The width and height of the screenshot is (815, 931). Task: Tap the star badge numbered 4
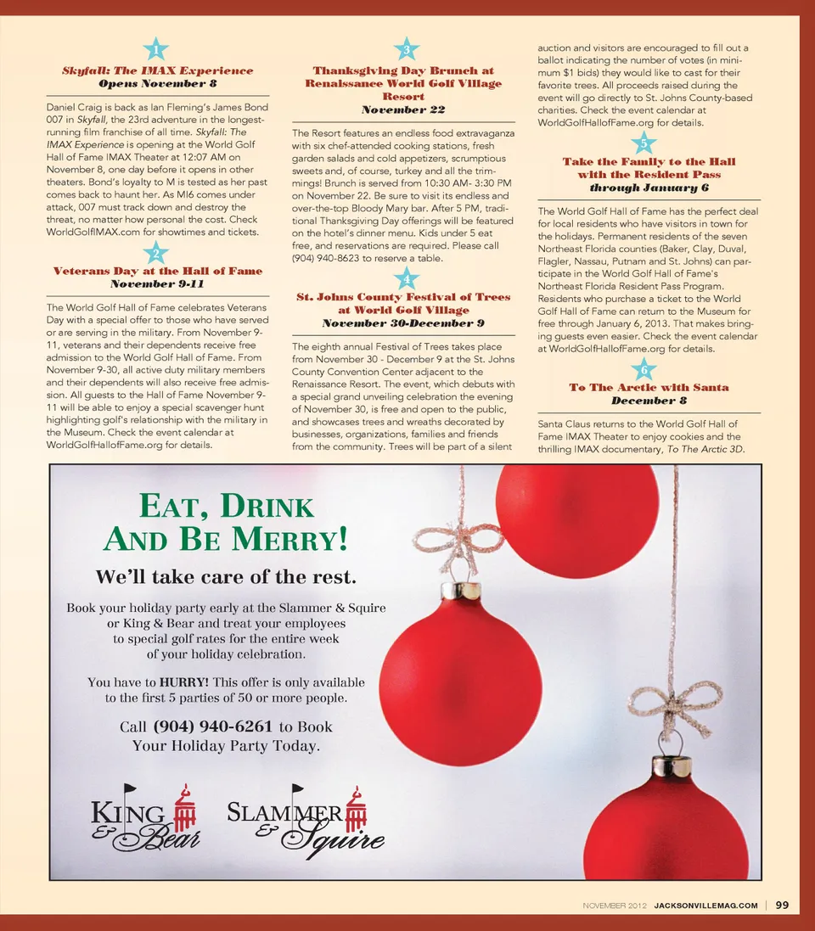(407, 278)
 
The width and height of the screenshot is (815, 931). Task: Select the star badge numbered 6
(644, 370)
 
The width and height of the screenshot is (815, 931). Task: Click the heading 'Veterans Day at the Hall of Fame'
(158, 271)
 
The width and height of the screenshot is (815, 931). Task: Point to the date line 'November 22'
(403, 110)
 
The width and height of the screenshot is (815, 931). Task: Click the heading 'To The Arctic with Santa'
(649, 387)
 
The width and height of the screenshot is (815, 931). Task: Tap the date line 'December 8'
(649, 401)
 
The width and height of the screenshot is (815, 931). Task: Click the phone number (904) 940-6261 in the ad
(212, 726)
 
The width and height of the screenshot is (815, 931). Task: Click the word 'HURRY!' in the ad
(184, 681)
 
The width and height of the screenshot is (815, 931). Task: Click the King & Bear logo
(145, 817)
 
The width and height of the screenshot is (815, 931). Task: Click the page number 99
(782, 905)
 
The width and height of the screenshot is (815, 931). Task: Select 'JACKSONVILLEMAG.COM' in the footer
(705, 906)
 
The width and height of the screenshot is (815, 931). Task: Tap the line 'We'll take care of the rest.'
(226, 578)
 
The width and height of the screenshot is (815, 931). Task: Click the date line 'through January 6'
(649, 188)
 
